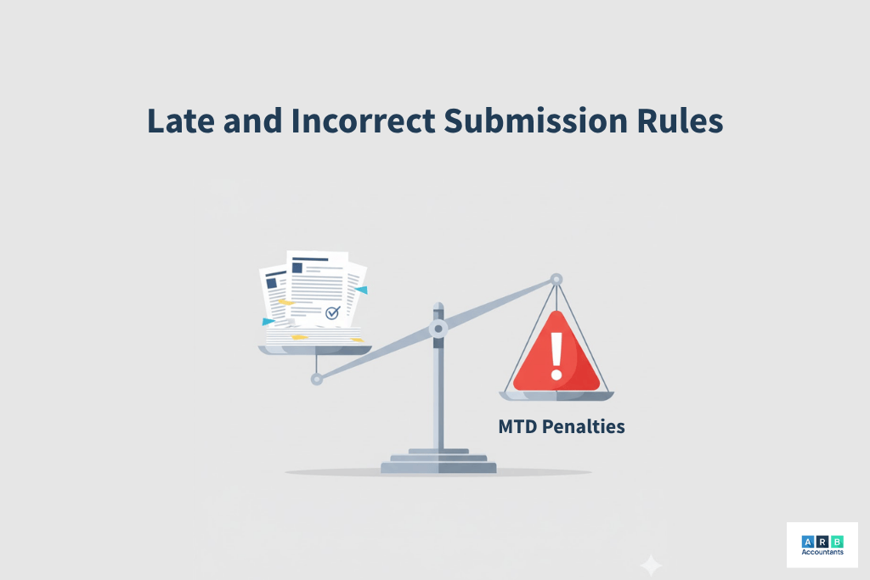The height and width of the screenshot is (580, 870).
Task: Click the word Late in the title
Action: click(x=181, y=121)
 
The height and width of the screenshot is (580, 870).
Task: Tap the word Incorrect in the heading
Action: click(x=364, y=121)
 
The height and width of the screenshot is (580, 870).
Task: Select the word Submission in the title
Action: click(x=536, y=121)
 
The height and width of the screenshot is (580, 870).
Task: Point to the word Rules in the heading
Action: click(x=681, y=121)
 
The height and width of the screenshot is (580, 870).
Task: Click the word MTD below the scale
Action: click(x=517, y=426)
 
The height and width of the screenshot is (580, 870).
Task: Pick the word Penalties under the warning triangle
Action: click(x=584, y=426)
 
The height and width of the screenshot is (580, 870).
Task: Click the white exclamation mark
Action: click(x=556, y=356)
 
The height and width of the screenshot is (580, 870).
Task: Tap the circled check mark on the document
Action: click(x=332, y=313)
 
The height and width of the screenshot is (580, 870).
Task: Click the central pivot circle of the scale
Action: click(x=438, y=329)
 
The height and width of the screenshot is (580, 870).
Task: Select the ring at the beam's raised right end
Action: click(x=556, y=280)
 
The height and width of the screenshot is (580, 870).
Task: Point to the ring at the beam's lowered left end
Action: click(x=317, y=380)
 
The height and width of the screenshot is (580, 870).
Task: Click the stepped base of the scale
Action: click(x=438, y=461)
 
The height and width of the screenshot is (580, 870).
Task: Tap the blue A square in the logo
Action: click(x=808, y=542)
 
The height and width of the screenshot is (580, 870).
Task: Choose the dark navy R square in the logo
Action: click(x=822, y=542)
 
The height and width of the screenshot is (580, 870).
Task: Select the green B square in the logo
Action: click(x=837, y=542)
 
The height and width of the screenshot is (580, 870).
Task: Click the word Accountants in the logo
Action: click(x=822, y=552)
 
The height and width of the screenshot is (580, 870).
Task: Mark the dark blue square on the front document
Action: click(x=297, y=267)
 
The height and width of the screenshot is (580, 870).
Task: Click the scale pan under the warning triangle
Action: click(x=556, y=396)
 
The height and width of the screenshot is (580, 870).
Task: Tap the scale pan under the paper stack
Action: click(x=315, y=350)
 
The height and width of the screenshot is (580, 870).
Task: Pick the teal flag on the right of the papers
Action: click(x=361, y=290)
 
